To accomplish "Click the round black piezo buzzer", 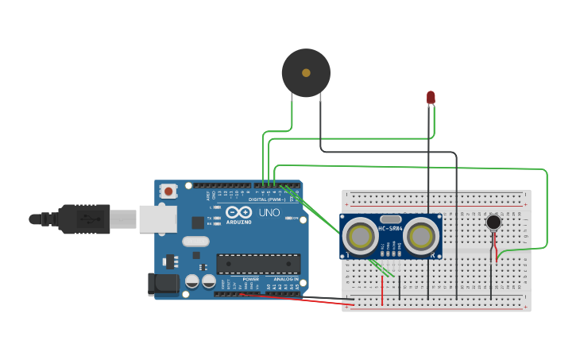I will pos(306,73).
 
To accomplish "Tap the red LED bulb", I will pos(431,97).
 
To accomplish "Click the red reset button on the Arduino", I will pos(168,191).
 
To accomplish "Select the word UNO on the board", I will pos(269,213).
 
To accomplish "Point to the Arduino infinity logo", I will pos(239,213).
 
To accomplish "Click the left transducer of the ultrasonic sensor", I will pos(361,235).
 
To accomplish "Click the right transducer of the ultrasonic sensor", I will pos(421,235).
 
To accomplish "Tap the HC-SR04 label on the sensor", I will pos(391,229).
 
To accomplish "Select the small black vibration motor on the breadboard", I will pos(494,222).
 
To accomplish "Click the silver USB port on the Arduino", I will pos(157,219).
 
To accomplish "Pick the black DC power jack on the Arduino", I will pos(164,284).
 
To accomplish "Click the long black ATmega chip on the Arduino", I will pos(258,264).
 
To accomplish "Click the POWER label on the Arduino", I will pos(250,280).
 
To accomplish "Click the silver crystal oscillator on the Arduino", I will pos(195,241).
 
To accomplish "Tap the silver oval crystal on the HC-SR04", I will pos(391,219).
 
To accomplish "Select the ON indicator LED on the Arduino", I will pos(296,218).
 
